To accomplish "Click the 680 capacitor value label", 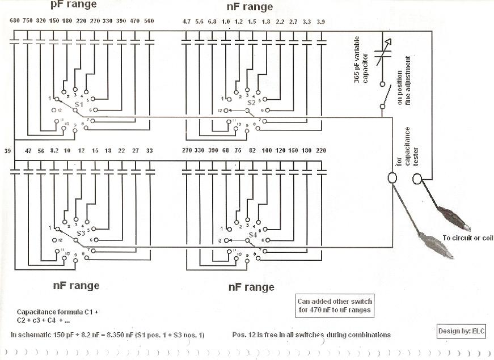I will click(x=15, y=21).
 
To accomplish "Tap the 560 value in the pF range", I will click(x=149, y=21).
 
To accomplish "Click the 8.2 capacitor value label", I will click(x=54, y=151).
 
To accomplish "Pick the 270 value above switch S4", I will click(x=188, y=151).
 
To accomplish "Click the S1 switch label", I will click(x=79, y=105).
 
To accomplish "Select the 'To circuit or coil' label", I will click(x=468, y=238).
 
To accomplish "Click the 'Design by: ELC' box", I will click(x=461, y=331).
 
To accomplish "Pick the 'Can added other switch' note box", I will click(x=335, y=306).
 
